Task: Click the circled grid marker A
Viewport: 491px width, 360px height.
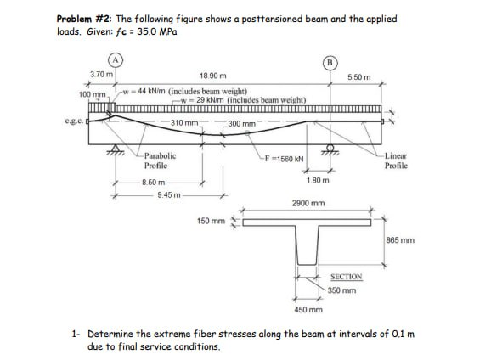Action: click(x=114, y=60)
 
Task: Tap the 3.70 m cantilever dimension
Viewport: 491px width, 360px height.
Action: click(x=100, y=76)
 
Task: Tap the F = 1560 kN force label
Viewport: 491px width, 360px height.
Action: click(x=285, y=158)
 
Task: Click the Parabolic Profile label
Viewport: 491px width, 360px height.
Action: click(x=160, y=160)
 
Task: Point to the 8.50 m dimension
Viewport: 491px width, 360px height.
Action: click(x=154, y=182)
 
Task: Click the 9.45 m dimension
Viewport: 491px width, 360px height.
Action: click(x=171, y=194)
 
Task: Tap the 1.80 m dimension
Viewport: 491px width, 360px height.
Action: click(x=317, y=181)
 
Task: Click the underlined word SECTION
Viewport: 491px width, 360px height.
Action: click(x=346, y=277)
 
